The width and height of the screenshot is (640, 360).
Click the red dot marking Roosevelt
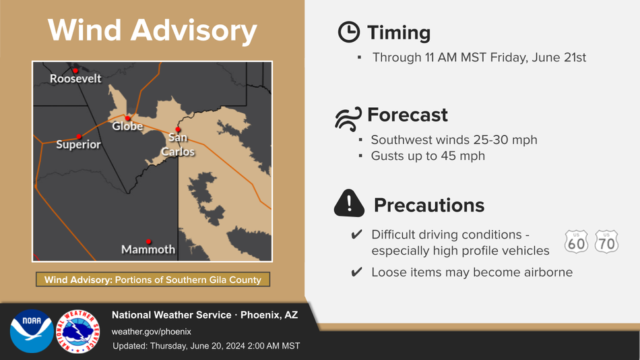(x=75, y=71)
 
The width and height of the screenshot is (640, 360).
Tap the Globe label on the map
(x=127, y=126)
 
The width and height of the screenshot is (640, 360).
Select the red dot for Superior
(x=79, y=136)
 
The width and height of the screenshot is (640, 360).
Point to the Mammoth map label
(x=148, y=249)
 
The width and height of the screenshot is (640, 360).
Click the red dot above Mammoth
(x=149, y=241)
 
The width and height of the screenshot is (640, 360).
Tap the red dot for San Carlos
(x=178, y=129)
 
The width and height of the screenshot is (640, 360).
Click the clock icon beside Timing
(x=349, y=32)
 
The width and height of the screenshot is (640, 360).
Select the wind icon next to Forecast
(x=348, y=119)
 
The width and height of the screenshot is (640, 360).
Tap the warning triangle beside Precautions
(x=349, y=203)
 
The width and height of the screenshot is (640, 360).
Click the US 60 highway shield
(x=576, y=241)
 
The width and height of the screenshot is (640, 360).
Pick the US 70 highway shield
(x=606, y=241)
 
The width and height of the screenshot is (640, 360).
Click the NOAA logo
(x=32, y=331)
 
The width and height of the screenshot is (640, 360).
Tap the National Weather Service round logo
(x=78, y=331)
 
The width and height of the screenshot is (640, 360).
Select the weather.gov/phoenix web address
(x=152, y=332)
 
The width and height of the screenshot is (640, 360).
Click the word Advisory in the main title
(x=194, y=30)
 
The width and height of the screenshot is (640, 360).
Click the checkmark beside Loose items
(x=357, y=272)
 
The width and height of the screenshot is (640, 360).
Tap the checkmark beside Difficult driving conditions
(x=357, y=234)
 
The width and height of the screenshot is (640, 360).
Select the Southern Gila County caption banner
(x=153, y=280)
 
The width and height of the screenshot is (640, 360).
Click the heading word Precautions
(x=429, y=205)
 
